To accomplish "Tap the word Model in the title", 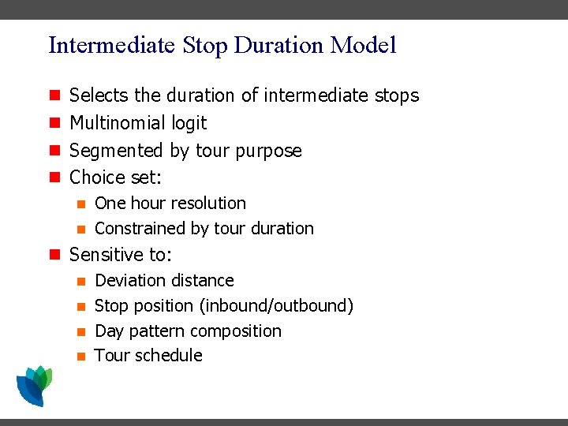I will coord(364,45).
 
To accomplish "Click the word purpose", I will coord(269,151).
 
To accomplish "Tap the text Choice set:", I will coord(115,177).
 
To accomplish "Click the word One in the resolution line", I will coord(110,204).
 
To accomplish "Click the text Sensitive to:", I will coord(121,255).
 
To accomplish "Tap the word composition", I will coord(237,331).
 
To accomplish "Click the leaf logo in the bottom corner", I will coord(33,386).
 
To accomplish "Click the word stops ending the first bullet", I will coord(395,95).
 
